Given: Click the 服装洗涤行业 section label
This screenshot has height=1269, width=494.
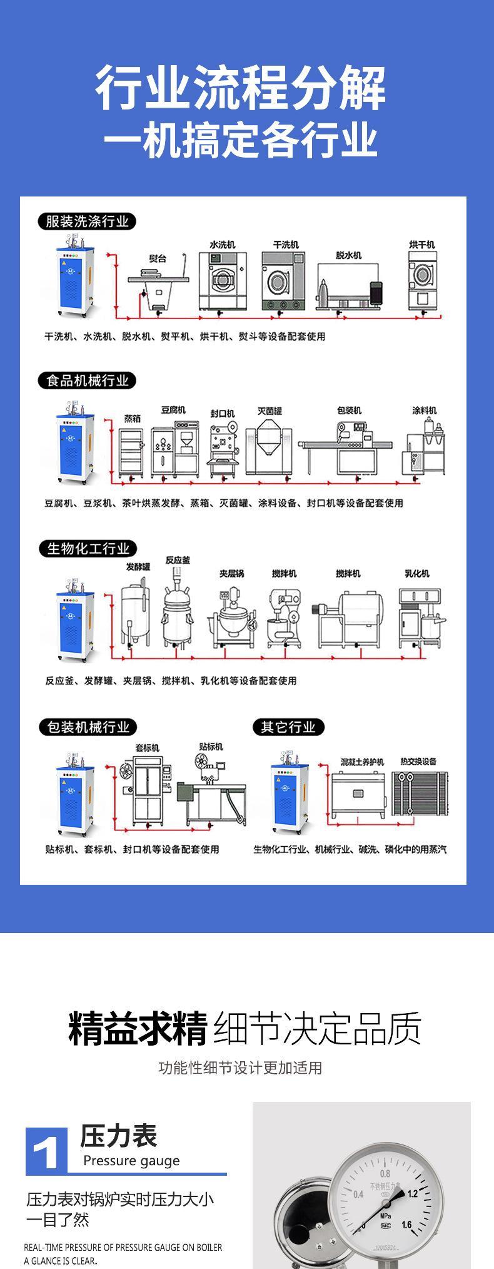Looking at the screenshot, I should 87,222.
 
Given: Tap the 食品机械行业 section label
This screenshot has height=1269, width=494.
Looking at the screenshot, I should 87,380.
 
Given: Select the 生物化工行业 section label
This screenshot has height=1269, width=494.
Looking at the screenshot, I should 88,549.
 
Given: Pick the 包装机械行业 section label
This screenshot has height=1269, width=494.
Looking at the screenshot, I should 88,727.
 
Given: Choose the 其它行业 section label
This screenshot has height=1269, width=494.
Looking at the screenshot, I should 288,727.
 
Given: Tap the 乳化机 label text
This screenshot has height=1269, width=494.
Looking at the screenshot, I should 416,573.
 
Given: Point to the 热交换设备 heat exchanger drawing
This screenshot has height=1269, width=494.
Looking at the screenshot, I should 420,793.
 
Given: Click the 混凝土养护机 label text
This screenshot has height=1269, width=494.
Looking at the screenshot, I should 361,762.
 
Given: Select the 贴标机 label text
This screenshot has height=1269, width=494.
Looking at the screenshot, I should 211,747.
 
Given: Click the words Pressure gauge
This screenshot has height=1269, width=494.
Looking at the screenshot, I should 131,1161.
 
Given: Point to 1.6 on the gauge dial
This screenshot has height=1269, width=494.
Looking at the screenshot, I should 406,1224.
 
